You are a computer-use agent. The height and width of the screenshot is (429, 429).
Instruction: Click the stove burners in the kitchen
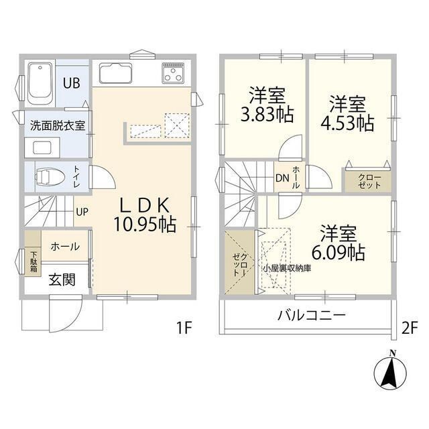(173, 72)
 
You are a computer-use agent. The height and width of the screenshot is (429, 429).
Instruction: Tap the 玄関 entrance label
(61, 280)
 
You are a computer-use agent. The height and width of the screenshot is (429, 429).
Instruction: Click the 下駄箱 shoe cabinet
(33, 260)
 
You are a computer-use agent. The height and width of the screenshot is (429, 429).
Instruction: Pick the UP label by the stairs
(82, 212)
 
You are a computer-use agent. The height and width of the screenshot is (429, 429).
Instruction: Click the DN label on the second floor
(282, 178)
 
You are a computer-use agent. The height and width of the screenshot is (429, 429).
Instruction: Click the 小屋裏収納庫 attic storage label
(287, 268)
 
